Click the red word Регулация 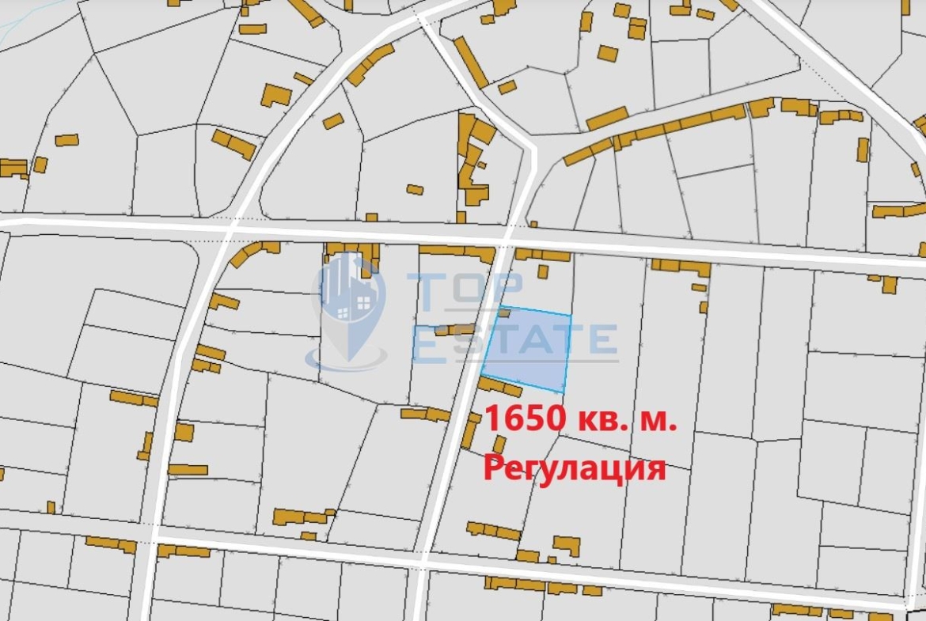click(x=574, y=468)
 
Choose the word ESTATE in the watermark click(x=514, y=341)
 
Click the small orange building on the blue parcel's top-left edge click(x=503, y=313)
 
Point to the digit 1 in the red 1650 click(x=492, y=418)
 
